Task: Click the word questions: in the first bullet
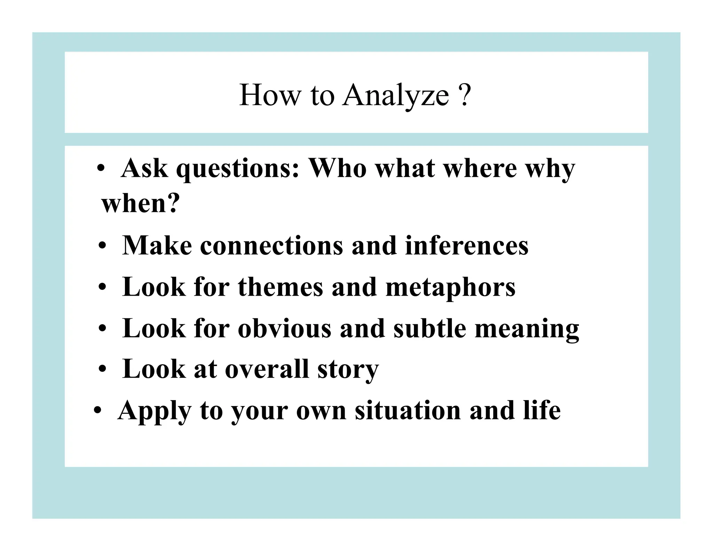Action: coord(238,169)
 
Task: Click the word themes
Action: coord(280,287)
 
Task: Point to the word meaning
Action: coord(527,329)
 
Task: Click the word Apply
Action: coord(154,411)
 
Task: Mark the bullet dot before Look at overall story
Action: coord(102,370)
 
